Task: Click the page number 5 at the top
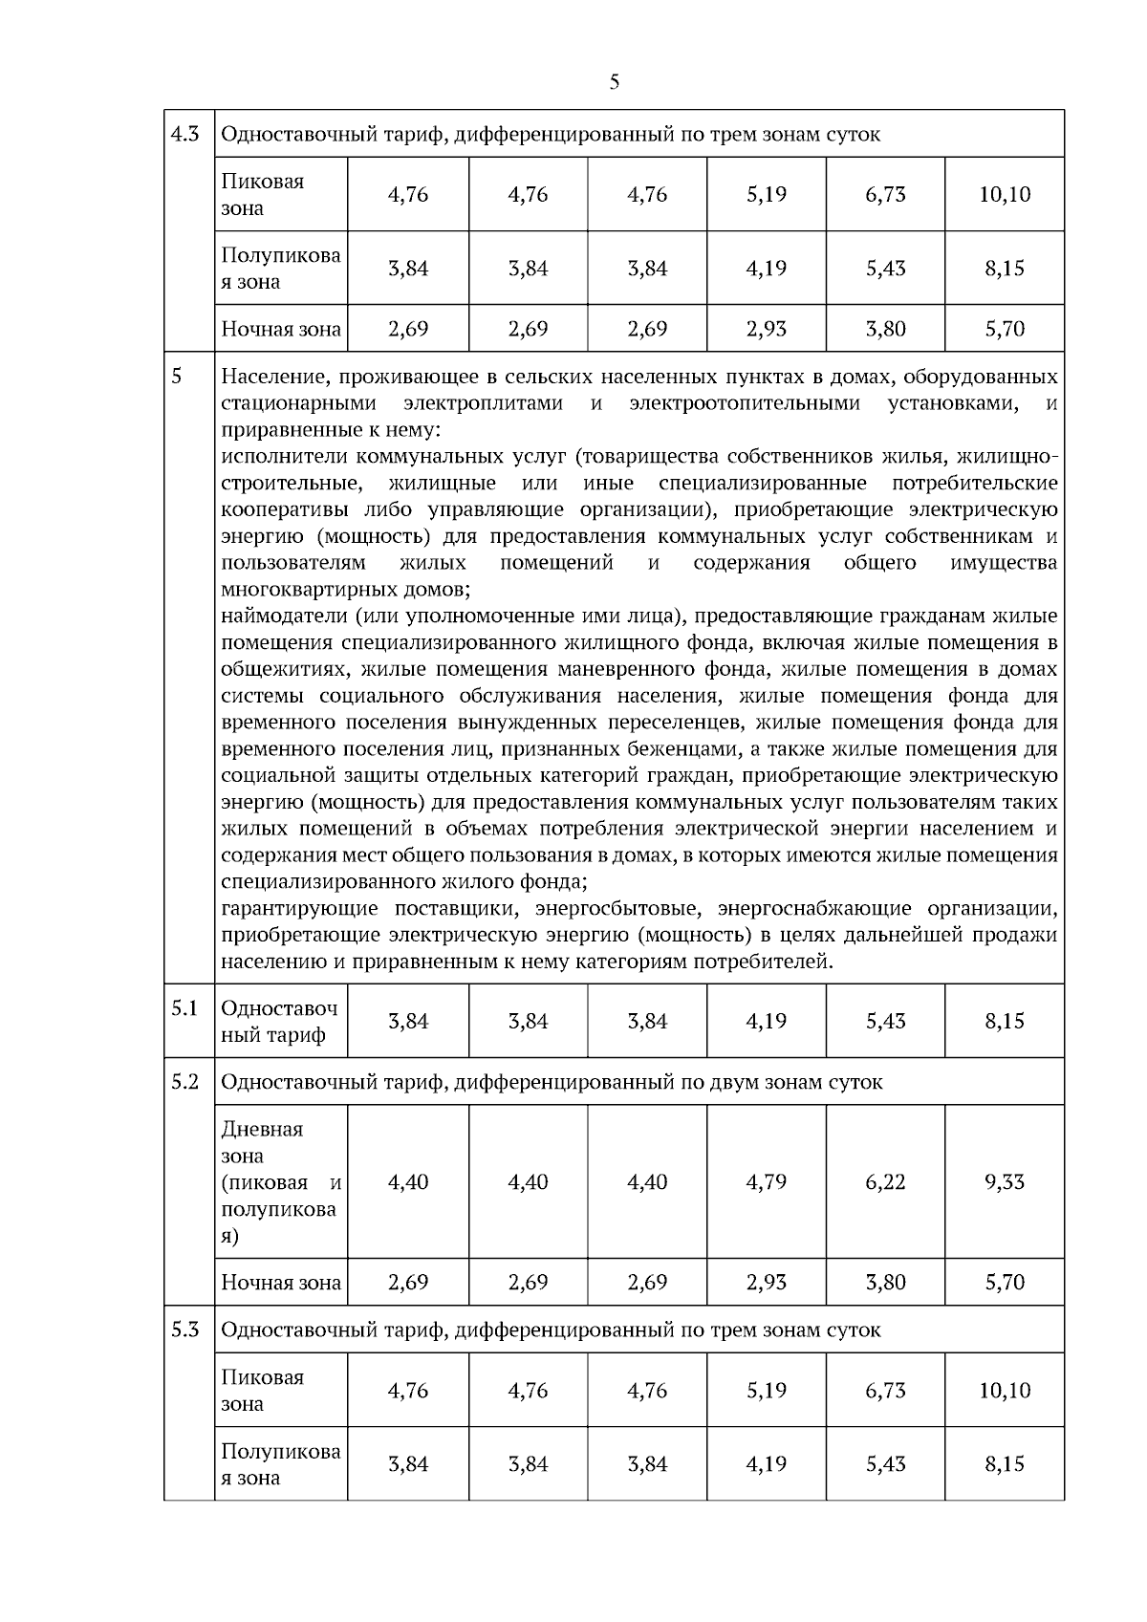[x=614, y=82]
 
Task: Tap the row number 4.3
[x=184, y=133]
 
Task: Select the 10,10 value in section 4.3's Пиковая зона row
[x=1005, y=195]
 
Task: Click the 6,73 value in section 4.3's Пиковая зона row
[x=885, y=195]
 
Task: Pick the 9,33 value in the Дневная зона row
[x=1005, y=1182]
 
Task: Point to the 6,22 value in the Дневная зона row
[x=885, y=1182]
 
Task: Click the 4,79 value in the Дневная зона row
[x=766, y=1182]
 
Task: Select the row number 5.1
[x=184, y=1008]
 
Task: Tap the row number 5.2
[x=184, y=1081]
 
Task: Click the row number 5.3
[x=184, y=1329]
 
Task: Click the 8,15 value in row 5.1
[x=1005, y=1022]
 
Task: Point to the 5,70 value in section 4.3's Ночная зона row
[x=1005, y=329]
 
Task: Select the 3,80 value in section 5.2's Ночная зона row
[x=885, y=1283]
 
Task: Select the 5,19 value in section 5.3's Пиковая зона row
[x=766, y=1391]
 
